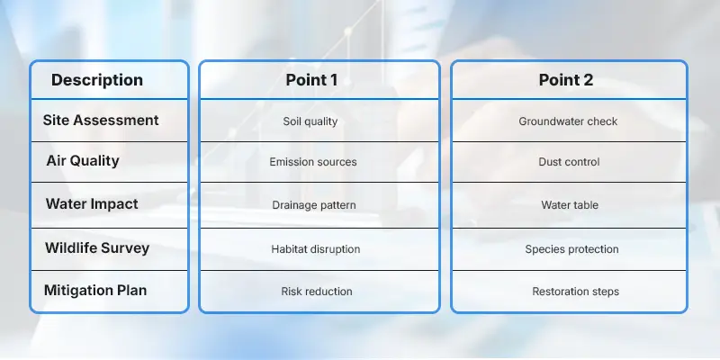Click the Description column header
click(97, 80)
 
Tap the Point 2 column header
click(566, 80)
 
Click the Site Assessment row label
click(101, 120)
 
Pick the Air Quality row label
click(83, 161)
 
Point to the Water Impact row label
click(92, 203)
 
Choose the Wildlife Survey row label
click(96, 247)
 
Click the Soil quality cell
click(310, 121)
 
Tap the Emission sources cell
click(313, 163)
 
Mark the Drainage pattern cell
click(314, 205)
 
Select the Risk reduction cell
click(316, 292)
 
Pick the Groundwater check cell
click(568, 121)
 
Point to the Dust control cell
click(570, 163)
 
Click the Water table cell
click(570, 205)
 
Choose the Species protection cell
click(571, 248)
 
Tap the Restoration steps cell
click(575, 292)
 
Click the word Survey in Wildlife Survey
click(125, 247)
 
